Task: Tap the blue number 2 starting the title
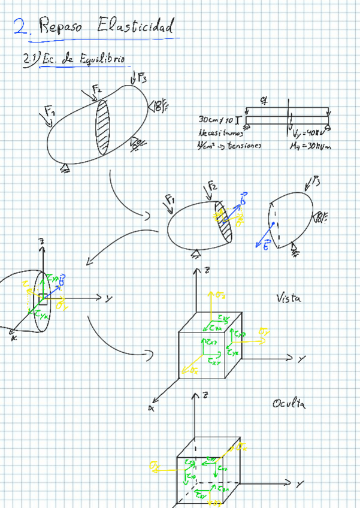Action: (22, 27)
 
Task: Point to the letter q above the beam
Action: (264, 101)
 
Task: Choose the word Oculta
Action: (289, 404)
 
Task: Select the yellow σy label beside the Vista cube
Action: (264, 331)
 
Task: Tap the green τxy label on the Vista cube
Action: (213, 361)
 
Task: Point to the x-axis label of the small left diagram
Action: (12, 338)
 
